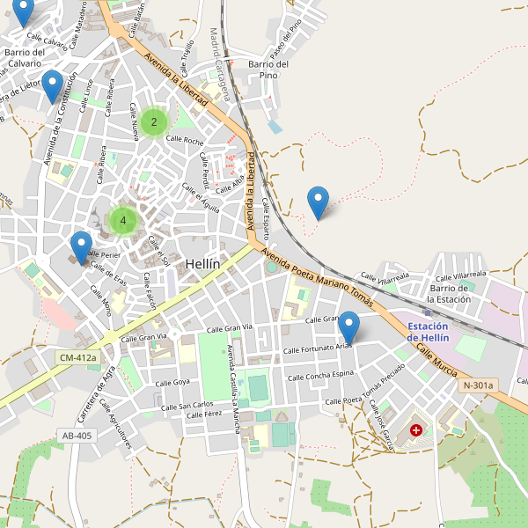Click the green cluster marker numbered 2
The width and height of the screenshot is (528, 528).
154,121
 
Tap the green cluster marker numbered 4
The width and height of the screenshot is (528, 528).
123,221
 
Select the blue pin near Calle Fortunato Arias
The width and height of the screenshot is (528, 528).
349,326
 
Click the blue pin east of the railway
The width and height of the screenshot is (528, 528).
319,202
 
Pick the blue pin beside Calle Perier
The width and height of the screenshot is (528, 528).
81,247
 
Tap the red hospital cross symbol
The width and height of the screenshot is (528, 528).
416,432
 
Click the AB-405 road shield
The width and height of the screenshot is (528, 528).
77,436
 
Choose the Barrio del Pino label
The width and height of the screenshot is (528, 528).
268,70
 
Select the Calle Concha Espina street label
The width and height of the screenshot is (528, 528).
318,376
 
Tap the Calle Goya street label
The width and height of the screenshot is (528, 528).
172,383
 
